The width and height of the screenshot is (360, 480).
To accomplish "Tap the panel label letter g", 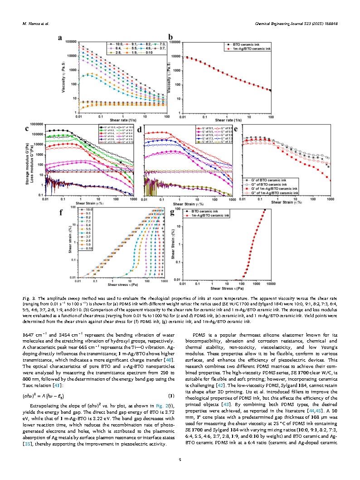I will point(171,211).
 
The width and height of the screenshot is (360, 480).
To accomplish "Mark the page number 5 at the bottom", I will point(180,459).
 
